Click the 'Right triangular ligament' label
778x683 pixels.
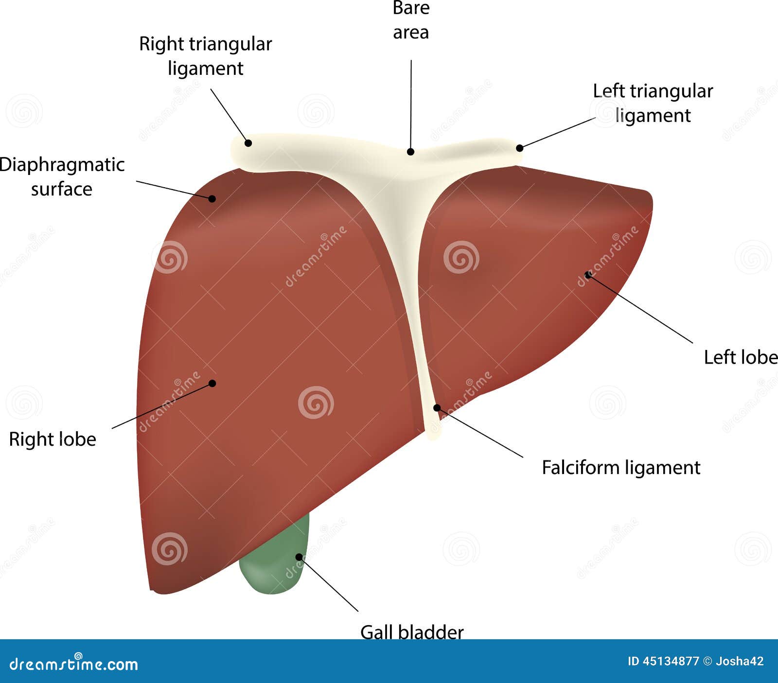pyautogui.click(x=205, y=56)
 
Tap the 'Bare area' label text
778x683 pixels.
pyautogui.click(x=411, y=20)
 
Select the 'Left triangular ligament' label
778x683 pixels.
pyautogui.click(x=653, y=103)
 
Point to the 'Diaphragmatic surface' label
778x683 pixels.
pyautogui.click(x=62, y=176)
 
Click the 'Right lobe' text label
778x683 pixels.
pyautogui.click(x=53, y=439)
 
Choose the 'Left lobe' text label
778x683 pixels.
pyautogui.click(x=740, y=357)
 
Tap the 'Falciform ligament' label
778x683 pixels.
pyautogui.click(x=621, y=468)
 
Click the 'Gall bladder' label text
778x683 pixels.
pyautogui.click(x=412, y=631)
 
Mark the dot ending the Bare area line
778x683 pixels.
pyautogui.click(x=410, y=152)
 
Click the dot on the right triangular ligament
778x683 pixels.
pyautogui.click(x=248, y=143)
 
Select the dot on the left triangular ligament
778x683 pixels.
pyautogui.click(x=519, y=148)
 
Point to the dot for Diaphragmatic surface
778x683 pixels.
pyautogui.click(x=212, y=198)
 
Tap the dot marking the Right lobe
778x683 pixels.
pyautogui.click(x=212, y=383)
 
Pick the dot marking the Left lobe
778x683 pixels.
pyautogui.click(x=588, y=275)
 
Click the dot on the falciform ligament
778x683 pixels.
pyautogui.click(x=437, y=407)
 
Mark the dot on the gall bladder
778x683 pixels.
pyautogui.click(x=299, y=557)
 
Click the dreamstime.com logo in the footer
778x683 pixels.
pyautogui.click(x=74, y=663)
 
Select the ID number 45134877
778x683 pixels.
pyautogui.click(x=671, y=661)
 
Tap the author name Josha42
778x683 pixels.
pyautogui.click(x=740, y=661)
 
